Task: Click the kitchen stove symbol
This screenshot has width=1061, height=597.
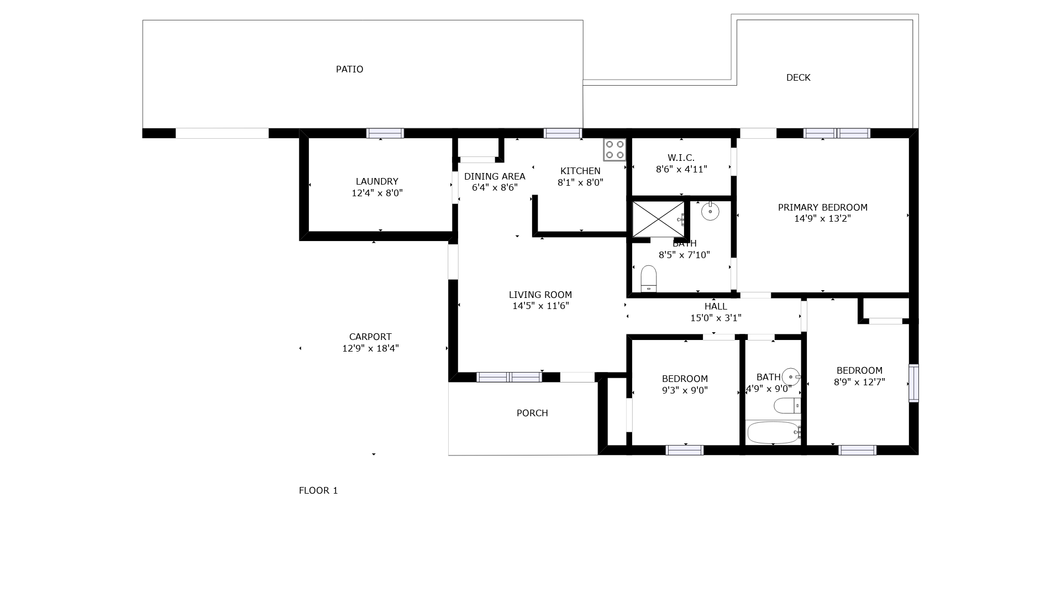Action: [614, 149]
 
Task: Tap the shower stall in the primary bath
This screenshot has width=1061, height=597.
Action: [658, 219]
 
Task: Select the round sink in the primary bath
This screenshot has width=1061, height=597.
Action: [710, 211]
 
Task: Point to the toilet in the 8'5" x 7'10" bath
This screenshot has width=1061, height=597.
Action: [649, 279]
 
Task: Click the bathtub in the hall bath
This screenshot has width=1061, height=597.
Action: [774, 432]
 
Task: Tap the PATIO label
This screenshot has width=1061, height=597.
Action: [350, 69]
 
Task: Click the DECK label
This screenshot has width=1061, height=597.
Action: [799, 77]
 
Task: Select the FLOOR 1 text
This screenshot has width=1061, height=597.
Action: [318, 490]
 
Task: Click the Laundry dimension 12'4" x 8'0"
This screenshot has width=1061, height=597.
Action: [377, 193]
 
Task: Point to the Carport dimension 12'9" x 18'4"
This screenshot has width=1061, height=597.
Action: [371, 348]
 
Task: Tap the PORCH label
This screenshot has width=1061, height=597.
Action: [532, 413]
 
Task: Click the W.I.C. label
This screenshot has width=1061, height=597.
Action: [681, 158]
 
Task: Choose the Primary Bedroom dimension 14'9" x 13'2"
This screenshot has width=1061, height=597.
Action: [823, 218]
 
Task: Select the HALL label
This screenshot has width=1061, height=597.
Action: [716, 306]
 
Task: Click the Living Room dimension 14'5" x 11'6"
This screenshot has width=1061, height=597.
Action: [540, 306]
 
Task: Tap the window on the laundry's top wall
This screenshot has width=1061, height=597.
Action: [385, 133]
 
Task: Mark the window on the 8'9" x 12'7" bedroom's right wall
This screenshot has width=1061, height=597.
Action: [914, 383]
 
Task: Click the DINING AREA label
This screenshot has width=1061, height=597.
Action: [495, 176]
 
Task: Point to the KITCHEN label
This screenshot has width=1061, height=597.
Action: [580, 171]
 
